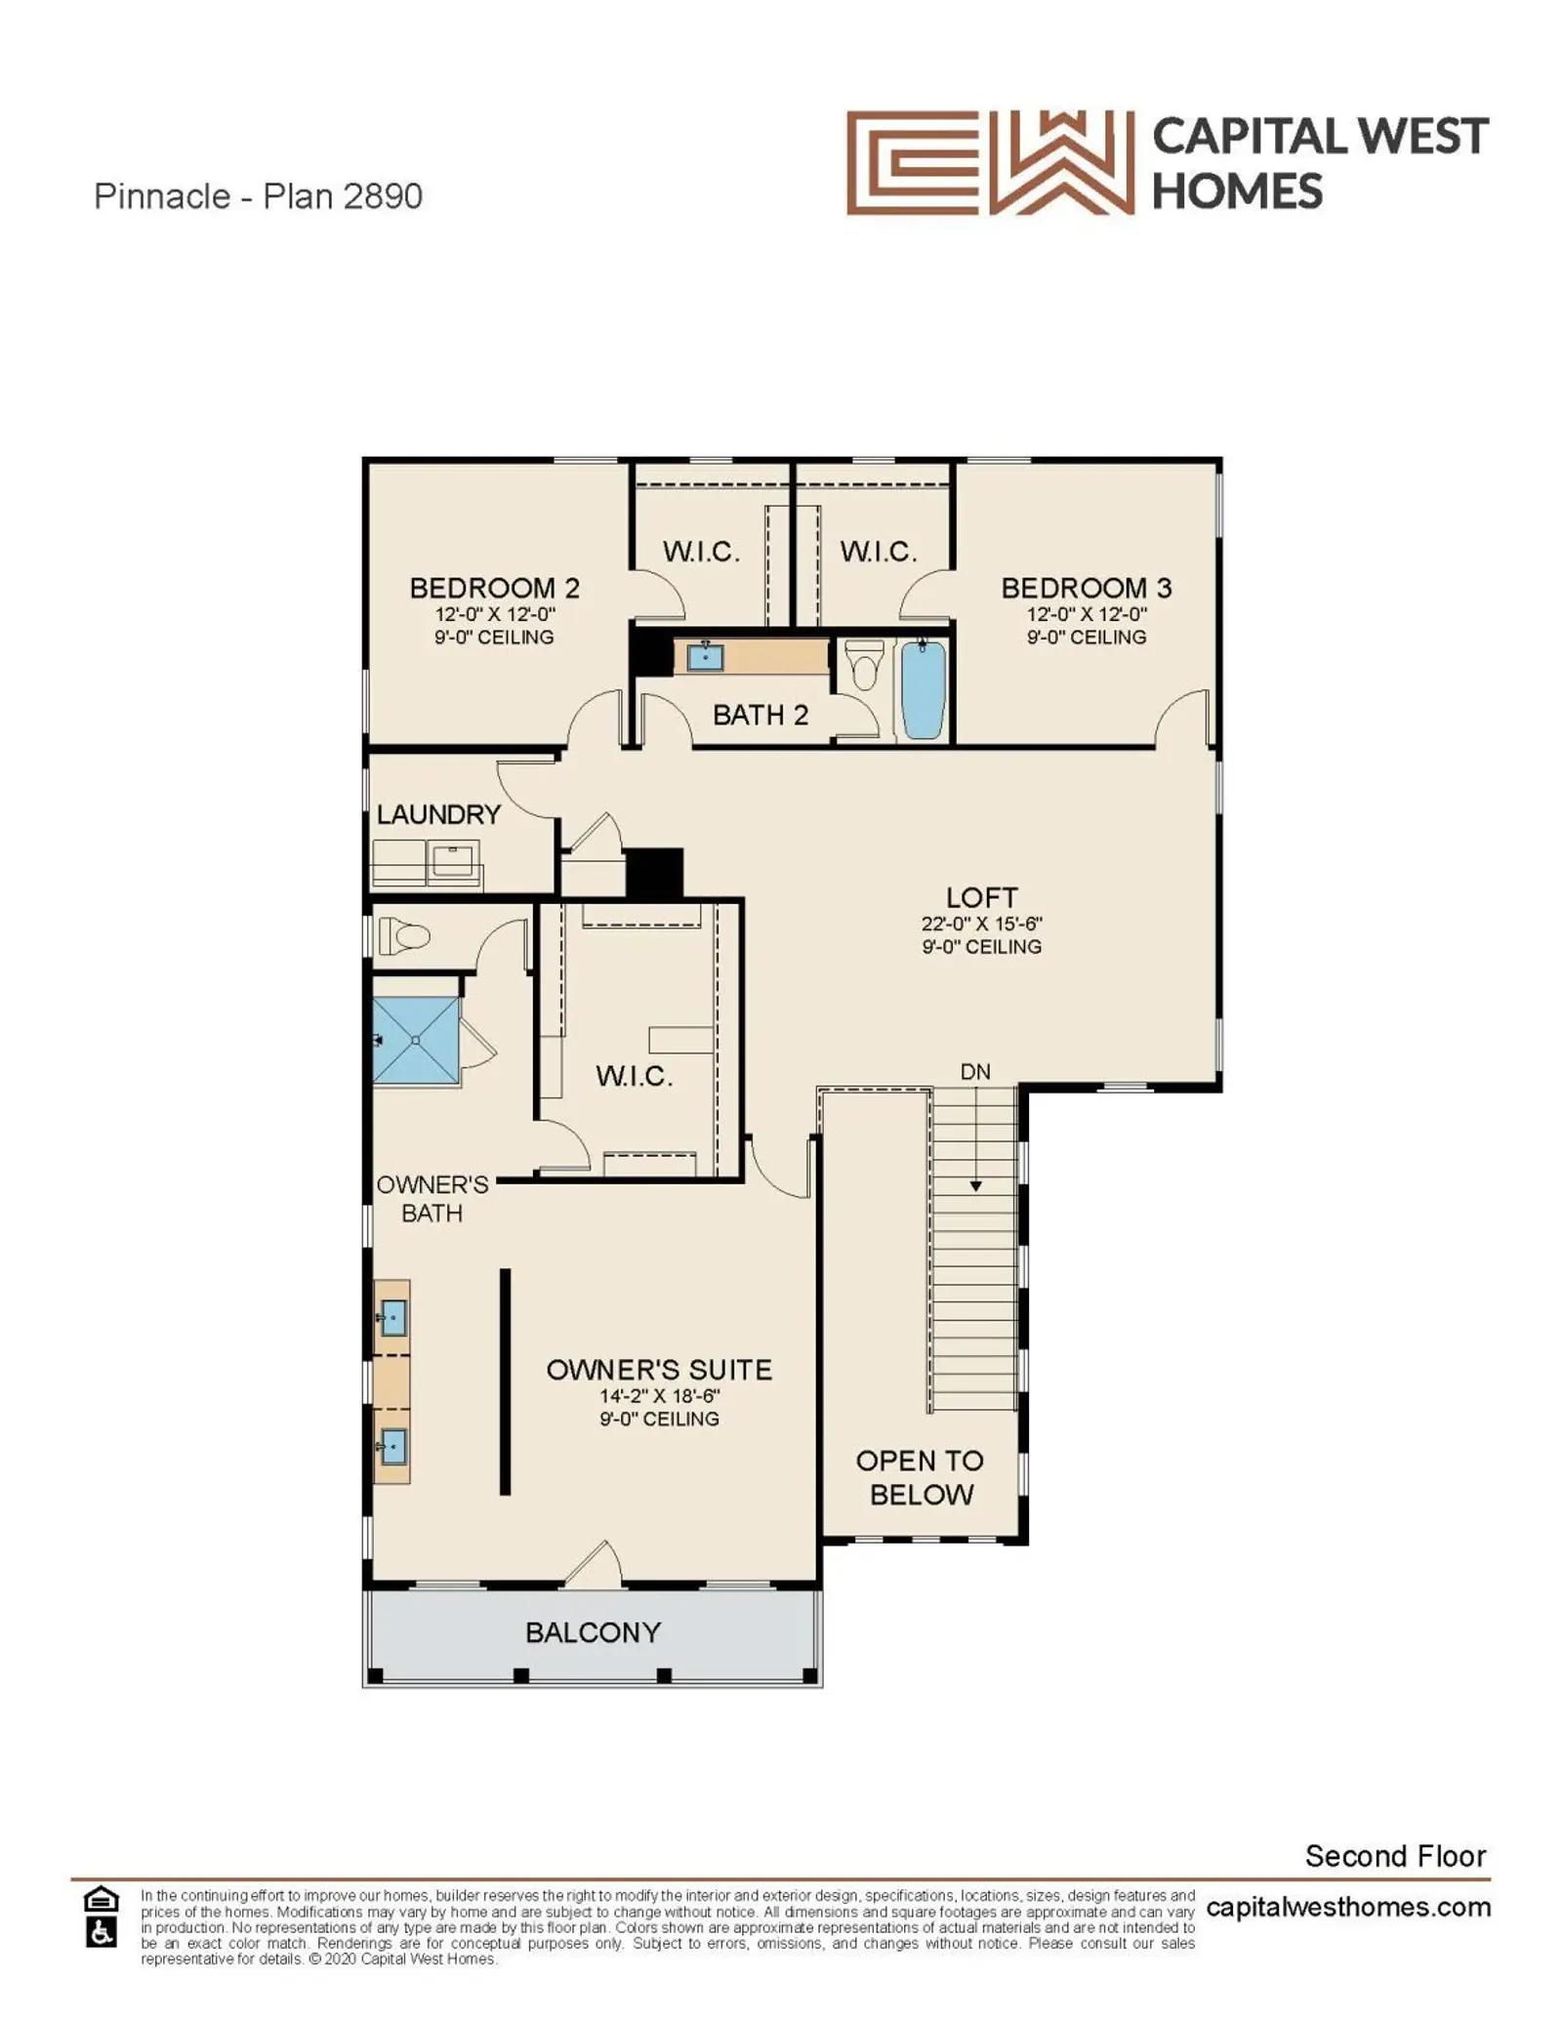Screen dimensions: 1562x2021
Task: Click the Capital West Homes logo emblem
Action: click(990, 162)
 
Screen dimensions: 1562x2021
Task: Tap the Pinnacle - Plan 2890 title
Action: click(258, 196)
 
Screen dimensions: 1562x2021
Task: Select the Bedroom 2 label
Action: click(494, 588)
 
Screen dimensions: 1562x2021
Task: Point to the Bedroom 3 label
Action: click(1086, 588)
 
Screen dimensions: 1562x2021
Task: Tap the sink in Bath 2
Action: click(705, 656)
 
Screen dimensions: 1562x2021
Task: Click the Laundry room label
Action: click(438, 814)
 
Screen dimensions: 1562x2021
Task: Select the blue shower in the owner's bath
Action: click(416, 1041)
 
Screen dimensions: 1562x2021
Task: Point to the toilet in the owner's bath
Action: click(403, 936)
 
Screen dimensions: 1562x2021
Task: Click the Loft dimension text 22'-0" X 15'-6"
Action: click(981, 924)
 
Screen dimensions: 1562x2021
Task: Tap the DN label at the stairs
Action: click(975, 1072)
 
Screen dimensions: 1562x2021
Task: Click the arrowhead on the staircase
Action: click(975, 1186)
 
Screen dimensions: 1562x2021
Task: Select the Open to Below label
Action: click(920, 1477)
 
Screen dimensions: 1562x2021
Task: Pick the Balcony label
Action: click(593, 1632)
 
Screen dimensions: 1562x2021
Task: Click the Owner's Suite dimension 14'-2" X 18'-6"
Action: click(659, 1396)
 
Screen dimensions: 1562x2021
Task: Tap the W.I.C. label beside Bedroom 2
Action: click(701, 552)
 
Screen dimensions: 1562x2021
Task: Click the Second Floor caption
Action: click(1395, 1856)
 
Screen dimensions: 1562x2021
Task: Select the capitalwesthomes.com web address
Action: click(1348, 1907)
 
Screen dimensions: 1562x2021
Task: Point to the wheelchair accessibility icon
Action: click(102, 1932)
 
